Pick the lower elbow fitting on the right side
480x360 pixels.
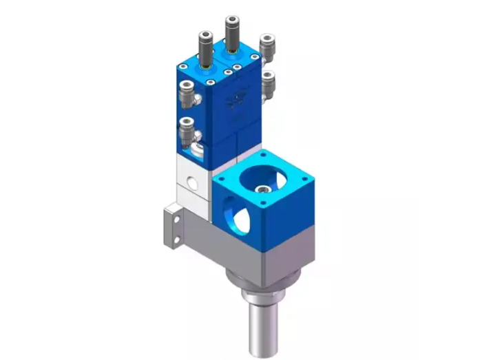click(269, 83)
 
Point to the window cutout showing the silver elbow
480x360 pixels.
click(198, 149)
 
